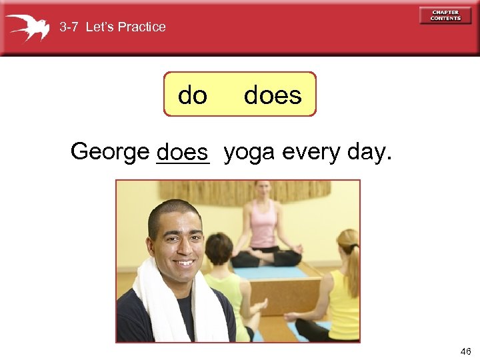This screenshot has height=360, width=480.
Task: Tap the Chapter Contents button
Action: (445, 15)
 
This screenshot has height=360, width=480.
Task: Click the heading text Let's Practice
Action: (126, 27)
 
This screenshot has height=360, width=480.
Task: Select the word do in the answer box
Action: (193, 95)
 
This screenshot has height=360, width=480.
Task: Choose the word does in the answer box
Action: (273, 95)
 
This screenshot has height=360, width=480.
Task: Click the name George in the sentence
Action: (109, 152)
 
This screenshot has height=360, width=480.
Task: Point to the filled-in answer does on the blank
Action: (182, 153)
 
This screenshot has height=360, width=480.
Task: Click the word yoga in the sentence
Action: (250, 152)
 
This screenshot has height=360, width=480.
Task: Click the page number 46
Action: (465, 351)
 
